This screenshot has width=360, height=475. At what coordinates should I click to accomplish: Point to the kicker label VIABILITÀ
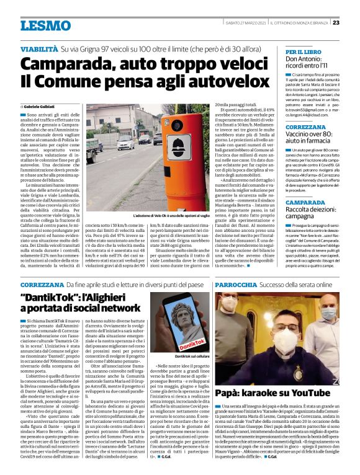39,47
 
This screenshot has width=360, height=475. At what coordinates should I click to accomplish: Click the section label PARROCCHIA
235,285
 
